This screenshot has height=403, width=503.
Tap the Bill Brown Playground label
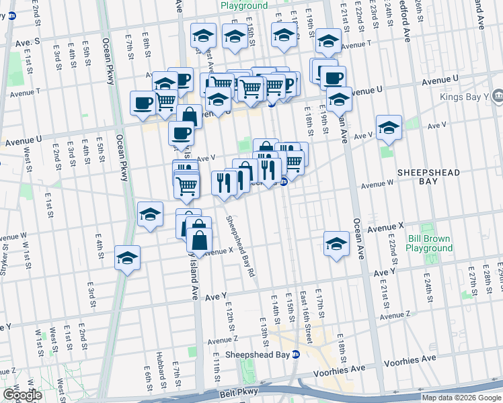click(430, 243)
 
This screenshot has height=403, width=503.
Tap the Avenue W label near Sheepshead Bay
click(377, 183)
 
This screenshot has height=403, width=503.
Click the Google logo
click(22, 395)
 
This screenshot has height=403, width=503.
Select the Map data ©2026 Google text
click(461, 397)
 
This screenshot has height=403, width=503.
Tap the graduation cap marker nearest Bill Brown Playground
click(336, 243)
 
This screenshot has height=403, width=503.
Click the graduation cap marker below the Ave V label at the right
click(388, 126)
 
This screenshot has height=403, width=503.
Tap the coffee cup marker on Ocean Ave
click(332, 77)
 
